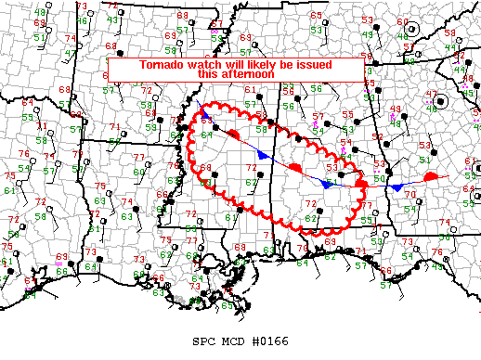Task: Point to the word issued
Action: [x=313, y=65]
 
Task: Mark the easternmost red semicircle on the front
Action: [x=431, y=175]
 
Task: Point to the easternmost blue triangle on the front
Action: [x=396, y=187]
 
